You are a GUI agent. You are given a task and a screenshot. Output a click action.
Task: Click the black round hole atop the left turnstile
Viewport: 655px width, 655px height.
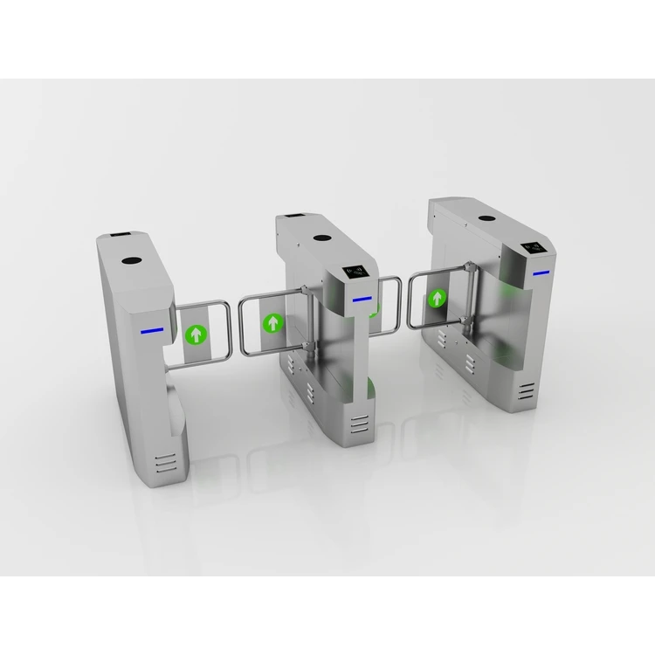[x=134, y=260]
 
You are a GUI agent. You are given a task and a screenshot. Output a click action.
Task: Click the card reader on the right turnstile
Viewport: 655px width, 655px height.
[x=534, y=248]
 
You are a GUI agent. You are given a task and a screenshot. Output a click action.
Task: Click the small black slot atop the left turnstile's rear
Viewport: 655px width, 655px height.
[x=116, y=237]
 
